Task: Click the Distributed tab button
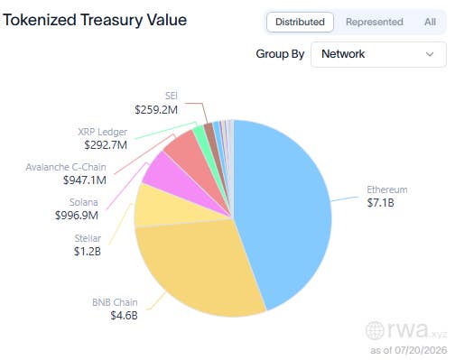point(300,22)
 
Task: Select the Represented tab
point(375,22)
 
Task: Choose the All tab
point(430,22)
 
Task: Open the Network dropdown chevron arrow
point(430,54)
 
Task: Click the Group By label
point(280,54)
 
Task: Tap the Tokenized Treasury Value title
point(95,20)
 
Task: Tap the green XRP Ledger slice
point(200,134)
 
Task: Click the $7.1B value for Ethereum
point(380,203)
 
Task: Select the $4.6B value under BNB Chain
point(124,316)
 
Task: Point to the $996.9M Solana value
point(77,216)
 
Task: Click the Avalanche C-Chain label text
point(66,167)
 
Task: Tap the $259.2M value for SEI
point(156,110)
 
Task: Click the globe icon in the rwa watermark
point(375,330)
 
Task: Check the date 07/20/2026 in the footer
point(421,350)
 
